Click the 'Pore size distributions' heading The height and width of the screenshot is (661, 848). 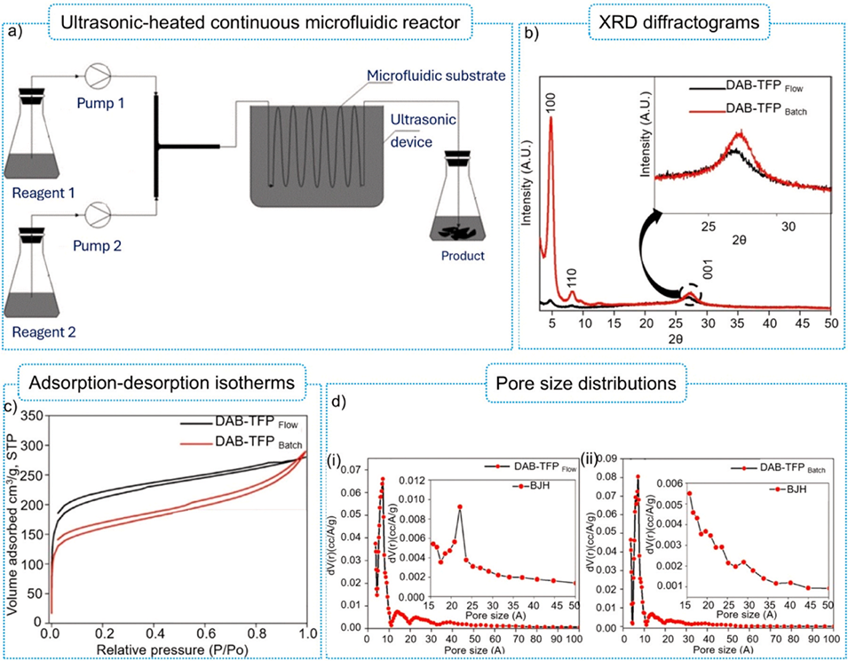[x=584, y=386]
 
